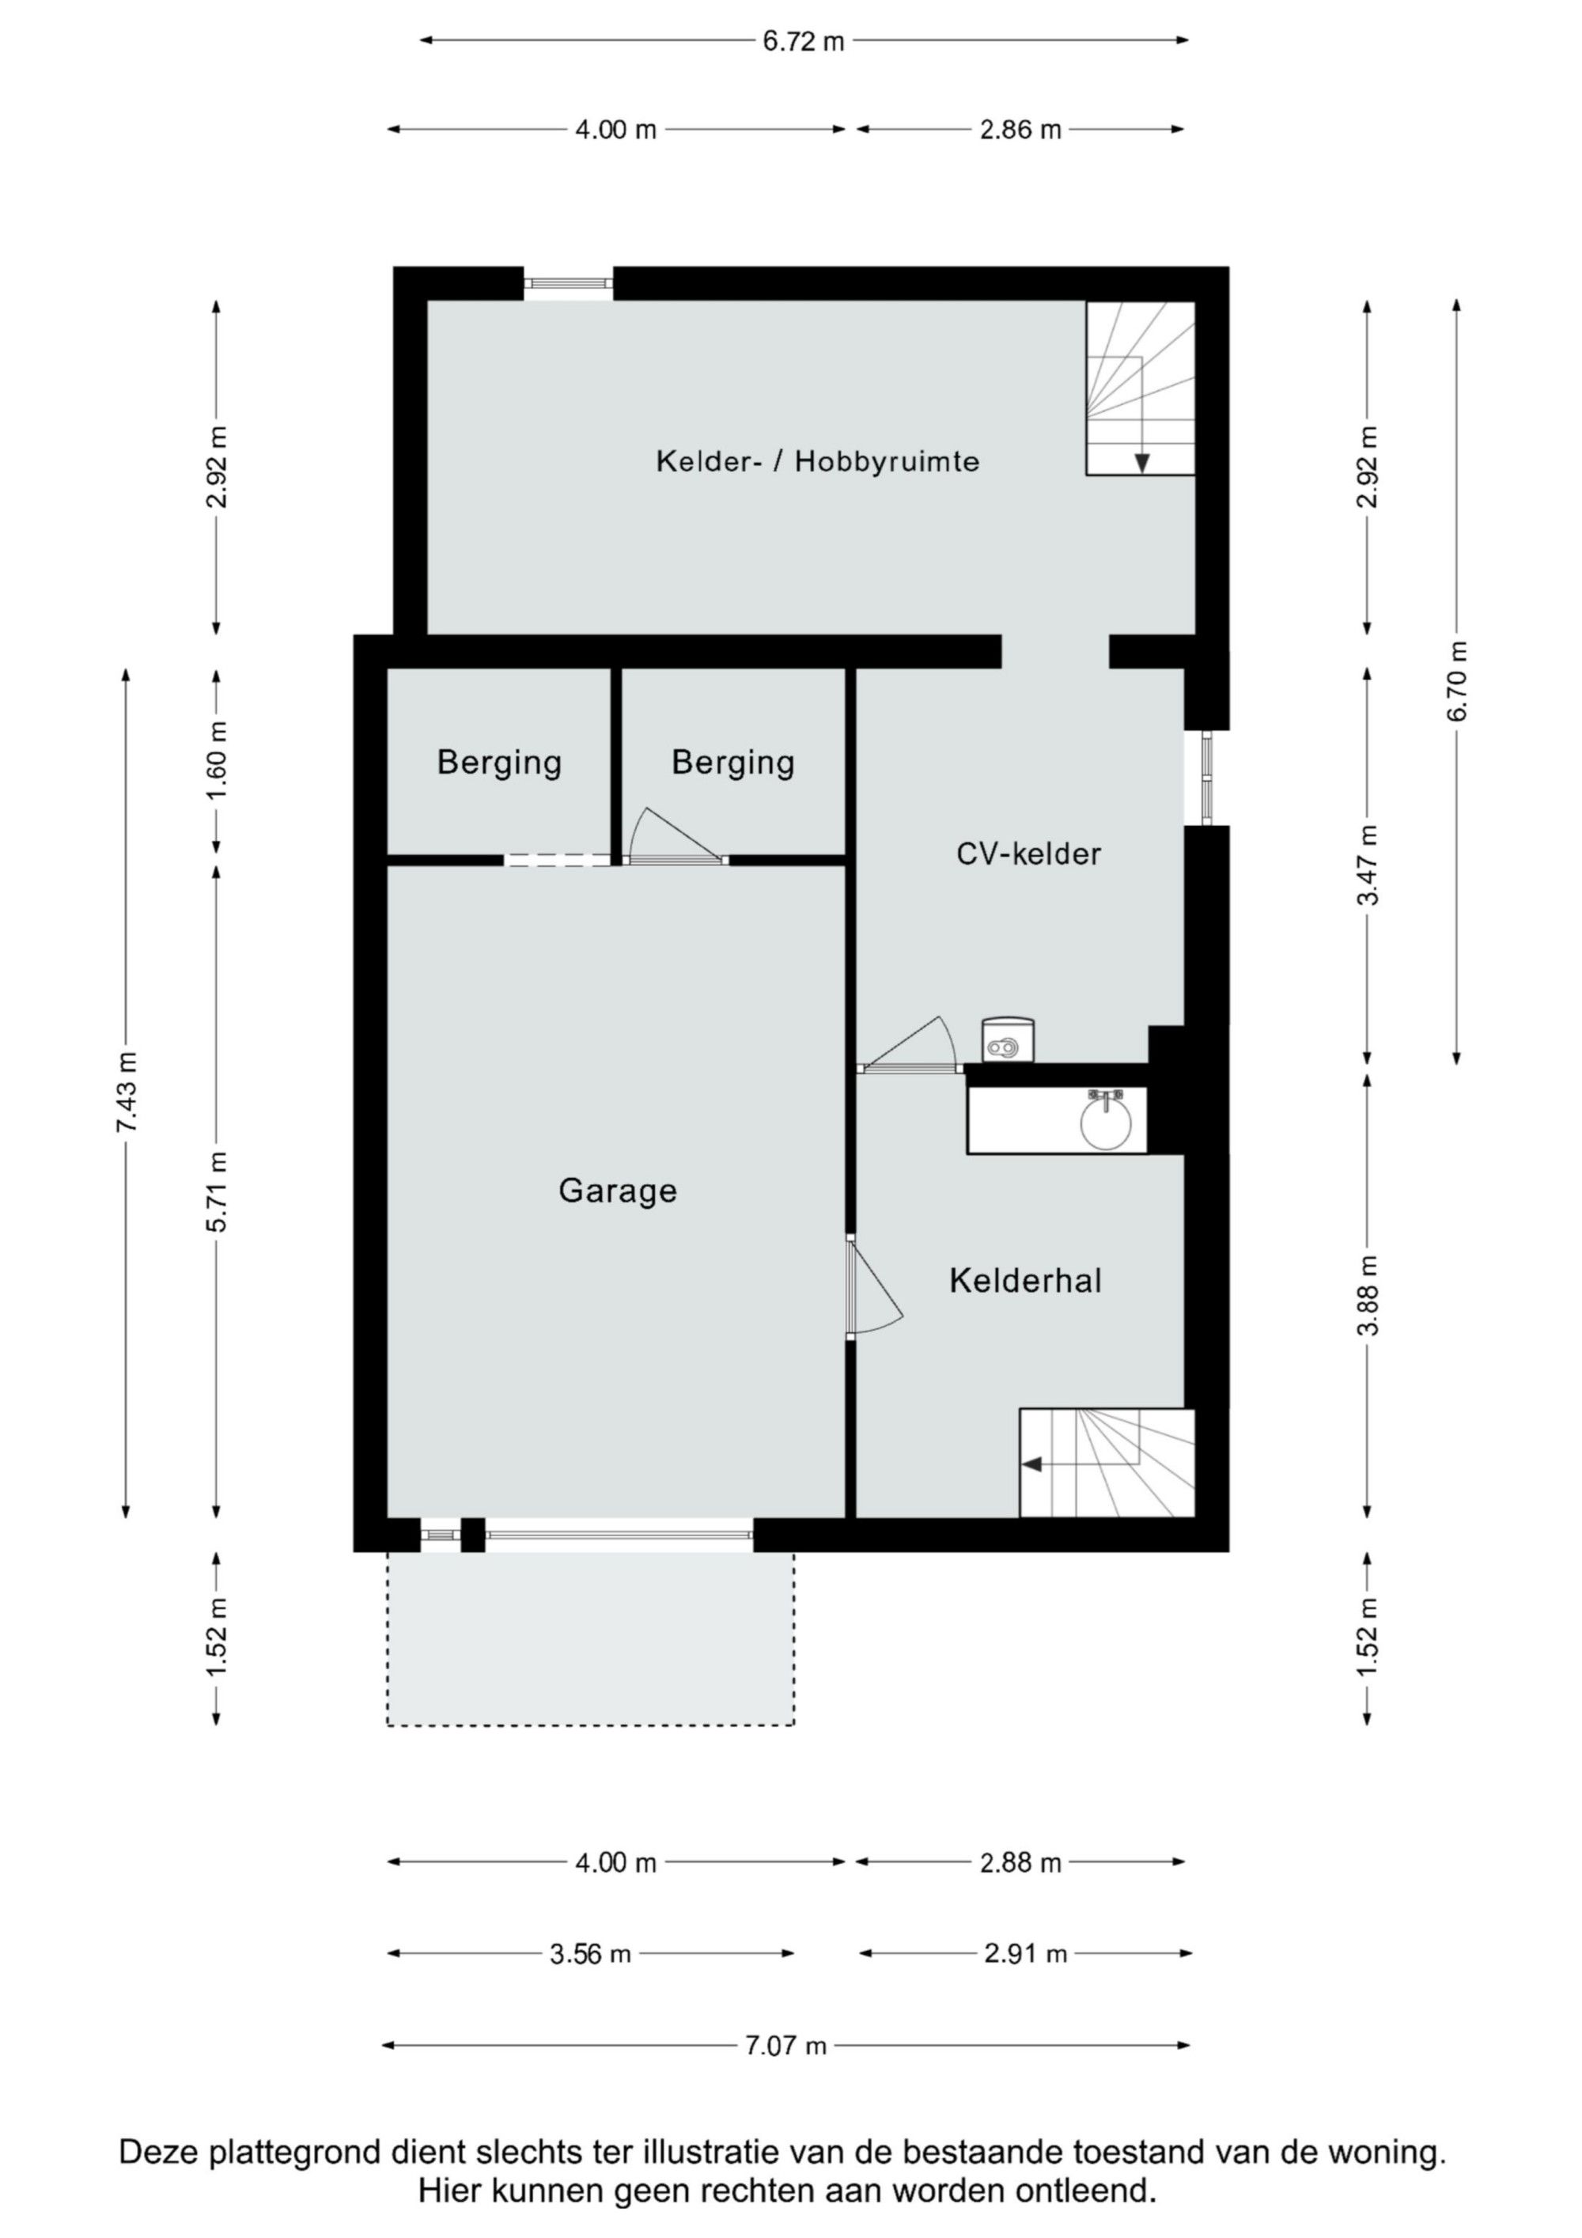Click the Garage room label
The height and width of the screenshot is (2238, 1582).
pyautogui.click(x=617, y=1191)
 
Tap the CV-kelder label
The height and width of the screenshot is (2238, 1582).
pyautogui.click(x=1028, y=854)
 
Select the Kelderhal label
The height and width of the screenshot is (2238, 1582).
pyautogui.click(x=1025, y=1280)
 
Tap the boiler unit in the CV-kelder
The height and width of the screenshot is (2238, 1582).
pyautogui.click(x=1007, y=1040)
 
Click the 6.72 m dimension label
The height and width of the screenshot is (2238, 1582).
pyautogui.click(x=803, y=41)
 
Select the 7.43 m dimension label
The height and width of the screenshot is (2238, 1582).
pyautogui.click(x=127, y=1092)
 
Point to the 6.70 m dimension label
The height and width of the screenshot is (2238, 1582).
pyautogui.click(x=1457, y=681)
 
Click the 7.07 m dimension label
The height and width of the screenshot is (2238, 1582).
pyautogui.click(x=785, y=2045)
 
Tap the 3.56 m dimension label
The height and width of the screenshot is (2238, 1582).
pyautogui.click(x=590, y=1953)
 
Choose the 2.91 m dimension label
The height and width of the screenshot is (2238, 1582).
pyautogui.click(x=1025, y=1953)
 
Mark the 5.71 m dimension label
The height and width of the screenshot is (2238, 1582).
pyautogui.click(x=217, y=1192)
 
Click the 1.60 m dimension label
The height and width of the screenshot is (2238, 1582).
pyautogui.click(x=217, y=760)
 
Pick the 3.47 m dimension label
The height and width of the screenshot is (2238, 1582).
pyautogui.click(x=1368, y=865)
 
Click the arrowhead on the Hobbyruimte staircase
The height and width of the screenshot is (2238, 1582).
pyautogui.click(x=1141, y=463)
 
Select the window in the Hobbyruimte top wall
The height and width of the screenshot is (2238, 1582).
pyautogui.click(x=568, y=284)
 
